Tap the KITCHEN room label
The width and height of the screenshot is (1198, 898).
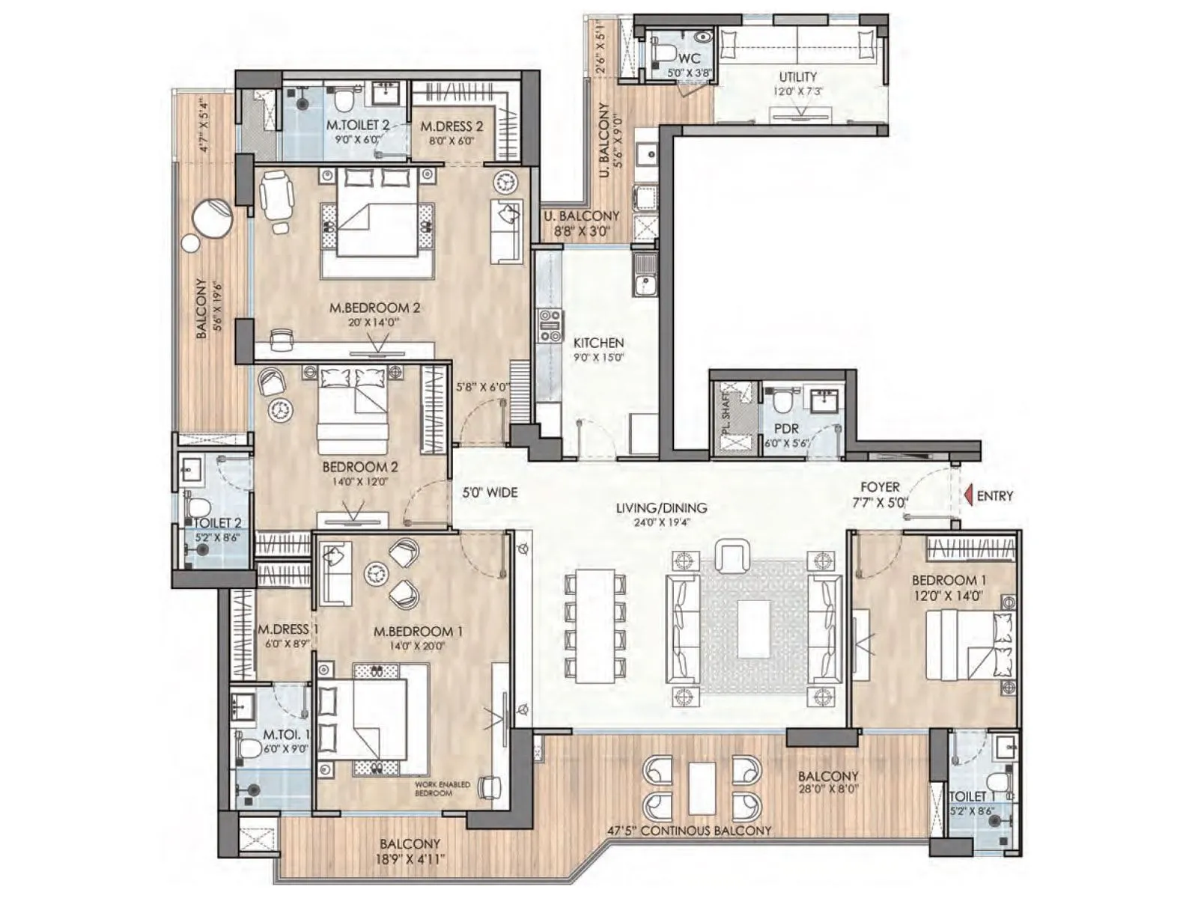coord(598,349)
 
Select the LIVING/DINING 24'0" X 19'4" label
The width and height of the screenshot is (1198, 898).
coord(661,514)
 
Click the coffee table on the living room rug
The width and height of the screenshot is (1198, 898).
coord(753,629)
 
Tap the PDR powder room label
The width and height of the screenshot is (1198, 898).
coord(787,435)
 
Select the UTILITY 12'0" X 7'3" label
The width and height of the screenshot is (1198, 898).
coord(797,83)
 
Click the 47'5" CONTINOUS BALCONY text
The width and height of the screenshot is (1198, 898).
coord(689,831)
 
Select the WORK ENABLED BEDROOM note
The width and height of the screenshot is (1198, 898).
coord(443,788)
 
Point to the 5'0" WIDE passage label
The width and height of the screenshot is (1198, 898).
coord(490,492)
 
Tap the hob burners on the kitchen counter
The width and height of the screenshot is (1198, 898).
coord(550,326)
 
